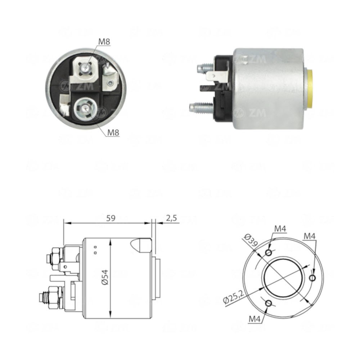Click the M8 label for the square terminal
pos(104,42)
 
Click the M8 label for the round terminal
pos(113,132)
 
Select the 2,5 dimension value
pos(172,218)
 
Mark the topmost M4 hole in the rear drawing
pos(268,252)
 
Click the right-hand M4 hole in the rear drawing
pos(312,278)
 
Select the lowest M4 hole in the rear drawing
pos(268,303)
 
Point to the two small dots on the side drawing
pos(95,250)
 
